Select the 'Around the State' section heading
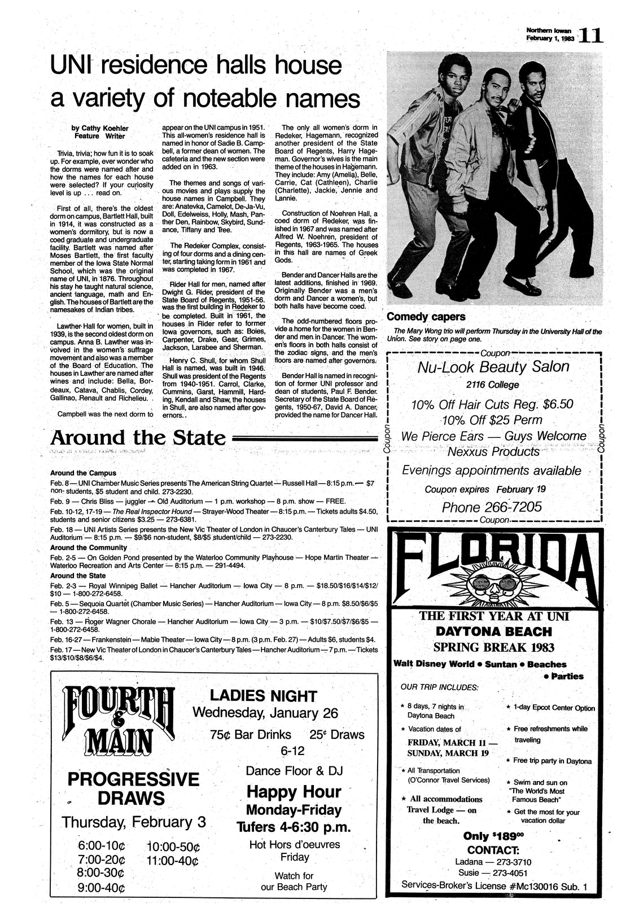coord(138,438)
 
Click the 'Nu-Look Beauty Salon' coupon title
coord(493,367)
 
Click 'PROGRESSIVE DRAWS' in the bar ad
coord(133,789)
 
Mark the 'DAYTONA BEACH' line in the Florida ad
coord(493,632)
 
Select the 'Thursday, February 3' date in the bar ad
coord(134,822)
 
